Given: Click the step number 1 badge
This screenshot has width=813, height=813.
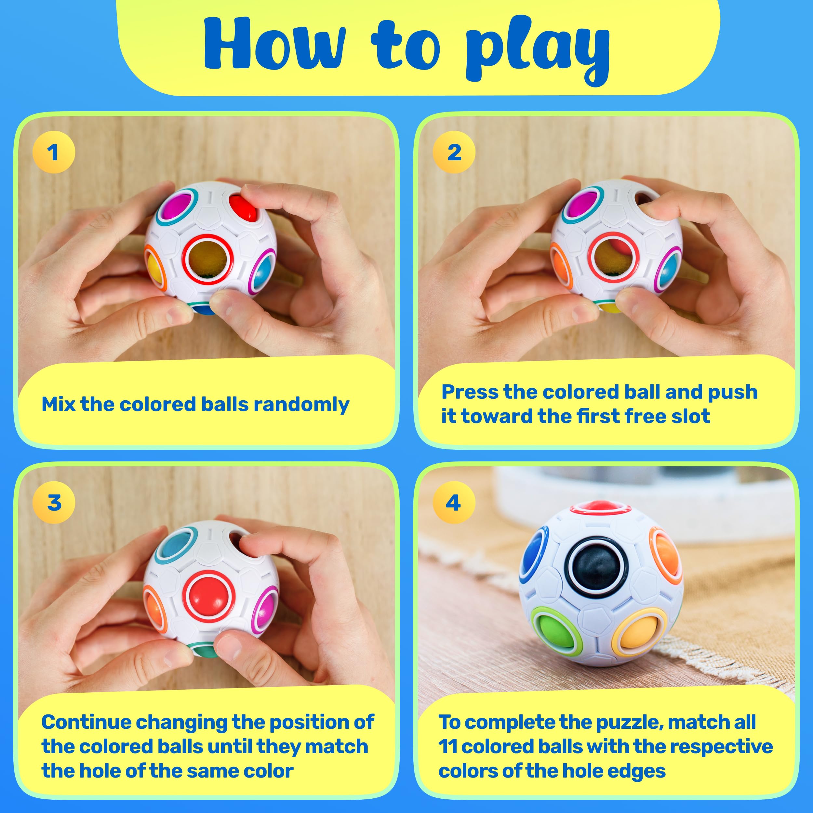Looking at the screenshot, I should click(53, 152).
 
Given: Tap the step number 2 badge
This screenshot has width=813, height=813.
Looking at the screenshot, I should click(454, 152).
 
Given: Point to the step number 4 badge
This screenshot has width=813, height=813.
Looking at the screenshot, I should click(454, 502).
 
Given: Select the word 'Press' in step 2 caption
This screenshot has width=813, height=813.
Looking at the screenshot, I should click(469, 392).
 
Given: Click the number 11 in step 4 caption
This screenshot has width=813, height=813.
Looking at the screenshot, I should click(448, 747).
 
